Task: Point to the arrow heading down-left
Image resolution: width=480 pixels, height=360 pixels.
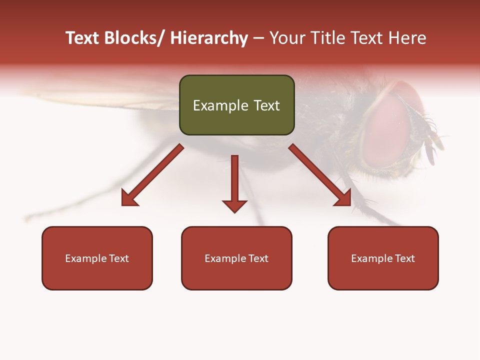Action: click(x=152, y=175)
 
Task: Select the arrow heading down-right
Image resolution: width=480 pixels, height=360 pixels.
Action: click(x=320, y=175)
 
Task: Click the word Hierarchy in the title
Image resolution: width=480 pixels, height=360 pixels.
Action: click(x=209, y=38)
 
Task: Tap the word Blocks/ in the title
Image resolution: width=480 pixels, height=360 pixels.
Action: click(x=134, y=38)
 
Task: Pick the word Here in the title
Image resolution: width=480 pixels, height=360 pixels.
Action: click(x=406, y=38)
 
